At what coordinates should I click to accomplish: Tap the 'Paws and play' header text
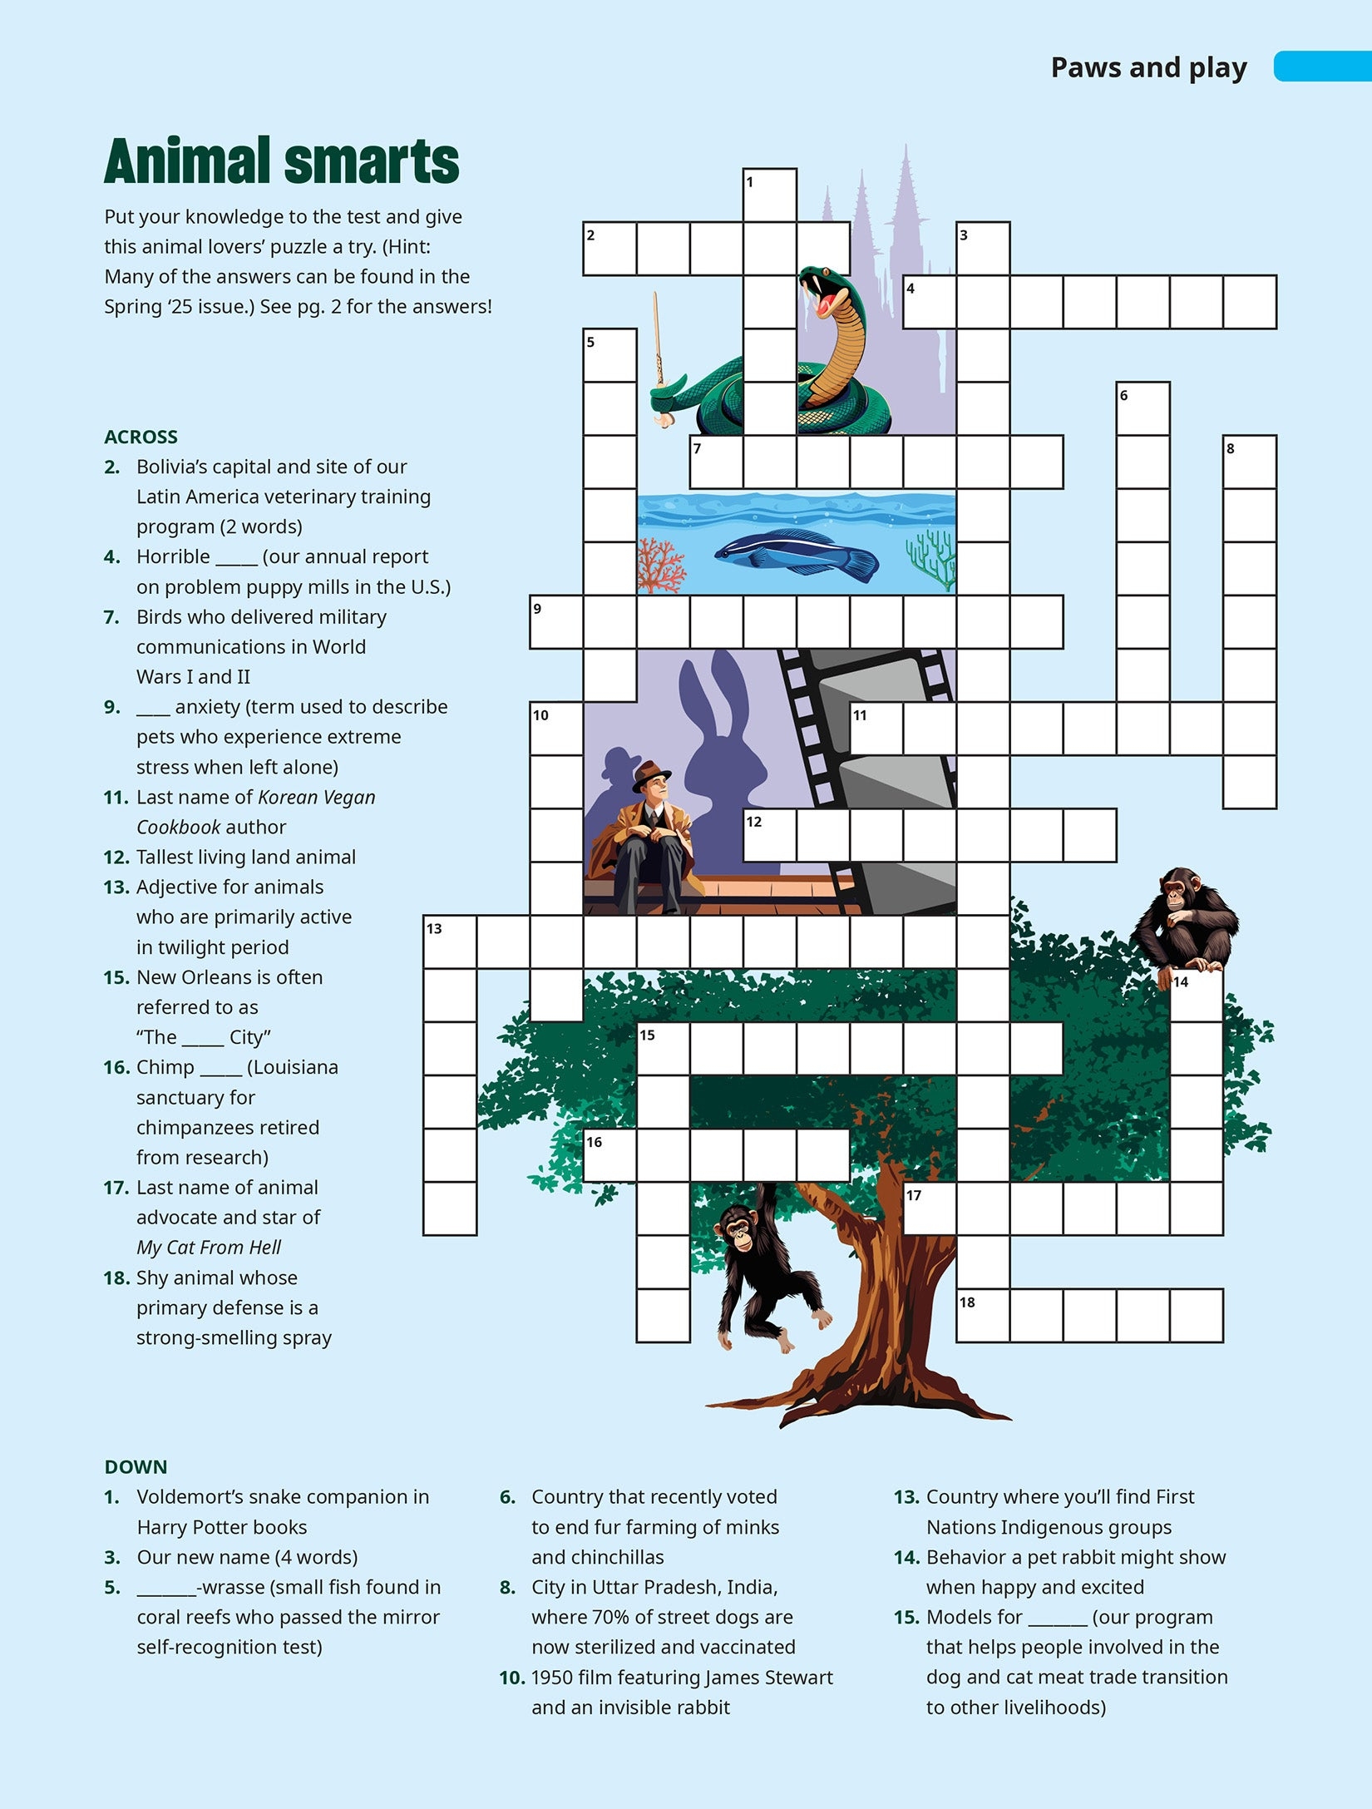pyautogui.click(x=1148, y=67)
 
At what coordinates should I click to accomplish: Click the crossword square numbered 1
pyautogui.click(x=769, y=195)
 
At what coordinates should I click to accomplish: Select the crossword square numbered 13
pyautogui.click(x=450, y=942)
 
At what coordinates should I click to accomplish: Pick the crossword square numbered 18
pyautogui.click(x=983, y=1315)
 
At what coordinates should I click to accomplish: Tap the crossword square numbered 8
pyautogui.click(x=1249, y=462)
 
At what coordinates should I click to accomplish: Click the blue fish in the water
pyautogui.click(x=794, y=551)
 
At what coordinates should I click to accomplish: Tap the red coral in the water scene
pyautogui.click(x=661, y=566)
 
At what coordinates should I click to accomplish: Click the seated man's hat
pyautogui.click(x=650, y=774)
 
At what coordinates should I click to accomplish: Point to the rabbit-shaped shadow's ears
pyautogui.click(x=711, y=690)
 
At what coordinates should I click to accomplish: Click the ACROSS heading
pyautogui.click(x=141, y=437)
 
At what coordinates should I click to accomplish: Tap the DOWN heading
pyautogui.click(x=136, y=1466)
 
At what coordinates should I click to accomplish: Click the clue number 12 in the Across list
pyautogui.click(x=116, y=858)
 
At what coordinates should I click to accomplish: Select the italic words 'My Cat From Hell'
pyautogui.click(x=209, y=1247)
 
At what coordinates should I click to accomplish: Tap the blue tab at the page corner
pyautogui.click(x=1322, y=67)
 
